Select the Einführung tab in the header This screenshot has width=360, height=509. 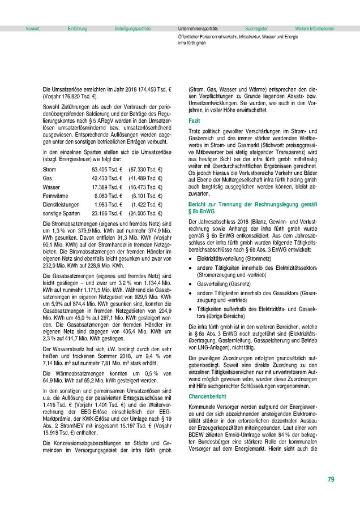tap(77, 28)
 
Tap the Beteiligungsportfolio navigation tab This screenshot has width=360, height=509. tap(132, 28)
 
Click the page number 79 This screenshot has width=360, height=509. tap(331, 480)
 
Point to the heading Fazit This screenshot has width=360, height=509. tap(194, 121)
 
